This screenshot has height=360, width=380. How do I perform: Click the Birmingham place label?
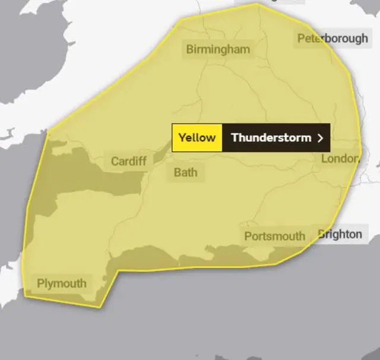click(x=218, y=49)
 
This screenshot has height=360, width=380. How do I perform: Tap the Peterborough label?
click(x=332, y=39)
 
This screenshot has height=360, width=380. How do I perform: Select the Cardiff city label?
click(x=128, y=161)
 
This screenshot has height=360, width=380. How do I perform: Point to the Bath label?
click(x=185, y=173)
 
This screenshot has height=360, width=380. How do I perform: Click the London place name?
click(x=340, y=158)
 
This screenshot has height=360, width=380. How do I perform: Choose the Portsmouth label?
click(x=274, y=236)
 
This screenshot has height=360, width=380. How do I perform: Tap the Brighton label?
click(x=340, y=234)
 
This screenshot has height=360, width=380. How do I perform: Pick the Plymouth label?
click(x=61, y=283)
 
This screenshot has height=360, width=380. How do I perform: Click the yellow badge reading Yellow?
click(x=197, y=138)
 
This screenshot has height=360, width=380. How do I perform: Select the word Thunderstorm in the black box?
click(x=271, y=138)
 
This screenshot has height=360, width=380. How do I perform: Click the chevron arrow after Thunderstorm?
click(x=321, y=138)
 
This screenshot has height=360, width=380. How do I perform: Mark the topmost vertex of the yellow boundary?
click(x=257, y=4)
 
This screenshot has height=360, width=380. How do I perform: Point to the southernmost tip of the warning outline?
click(x=100, y=307)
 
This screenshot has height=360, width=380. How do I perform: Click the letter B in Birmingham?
click(x=190, y=49)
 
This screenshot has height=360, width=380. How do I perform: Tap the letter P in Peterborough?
click(x=301, y=39)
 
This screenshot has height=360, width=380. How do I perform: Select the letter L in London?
click(x=325, y=158)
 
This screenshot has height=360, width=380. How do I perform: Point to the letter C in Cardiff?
click(x=115, y=161)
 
